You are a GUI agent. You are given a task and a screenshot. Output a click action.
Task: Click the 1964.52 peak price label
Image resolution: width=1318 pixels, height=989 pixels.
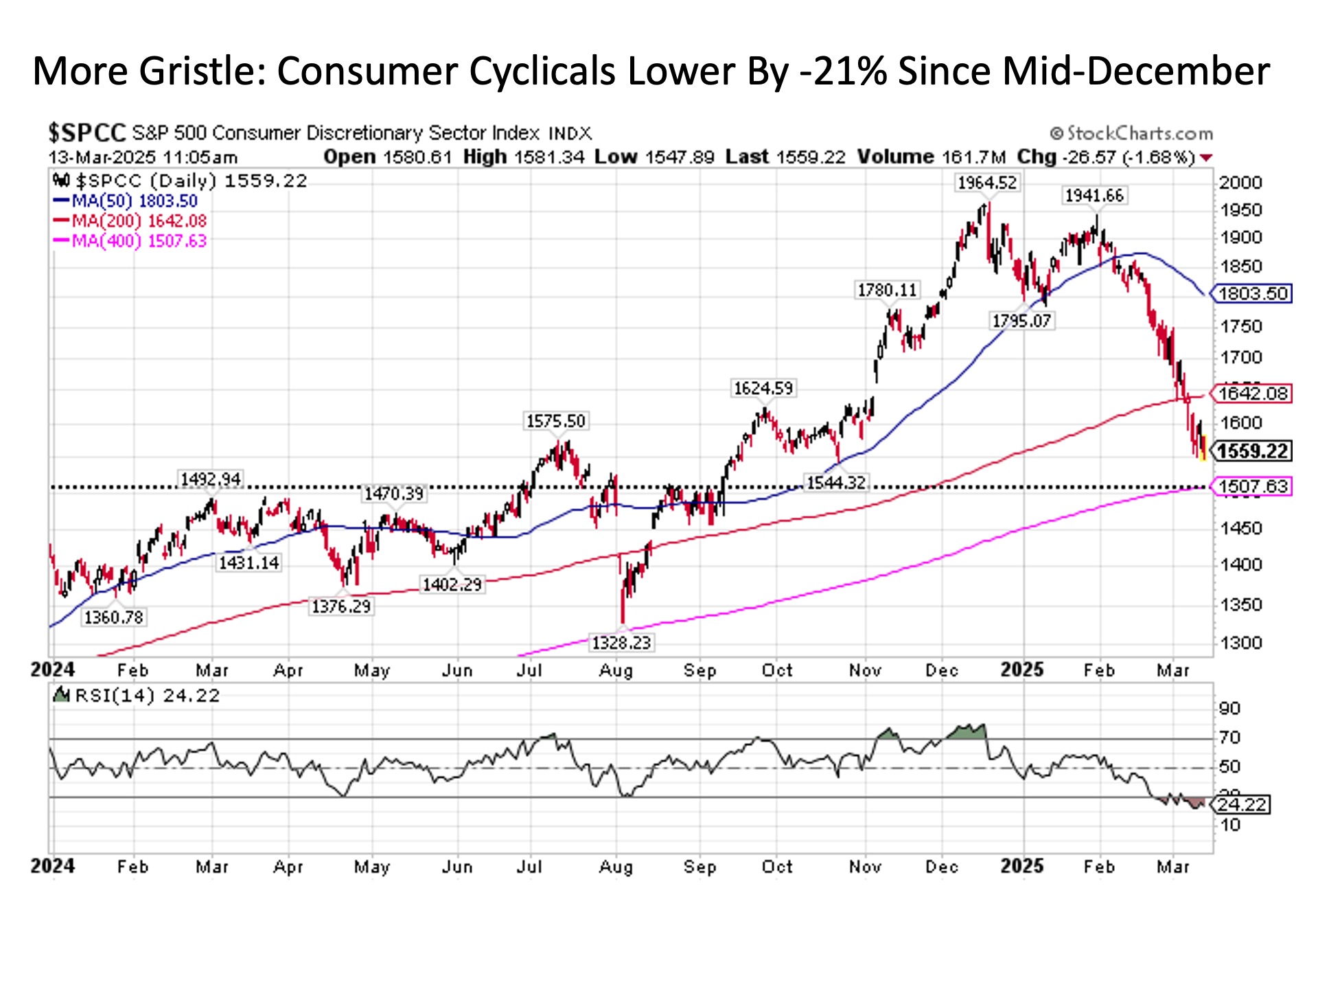click(987, 183)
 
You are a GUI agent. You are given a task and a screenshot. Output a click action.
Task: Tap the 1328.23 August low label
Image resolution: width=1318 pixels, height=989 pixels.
click(621, 643)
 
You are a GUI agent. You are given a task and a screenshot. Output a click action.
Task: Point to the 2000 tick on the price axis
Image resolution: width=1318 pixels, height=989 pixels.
click(1240, 183)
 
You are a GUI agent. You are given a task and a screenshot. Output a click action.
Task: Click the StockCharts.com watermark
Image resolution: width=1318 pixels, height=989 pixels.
click(1132, 133)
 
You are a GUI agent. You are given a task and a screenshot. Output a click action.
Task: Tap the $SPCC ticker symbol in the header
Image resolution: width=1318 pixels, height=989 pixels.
click(87, 133)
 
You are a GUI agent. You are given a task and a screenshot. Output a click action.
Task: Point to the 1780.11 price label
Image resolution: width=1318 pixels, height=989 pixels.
click(887, 291)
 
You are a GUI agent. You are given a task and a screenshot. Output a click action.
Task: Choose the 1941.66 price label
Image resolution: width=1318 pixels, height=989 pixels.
click(1094, 196)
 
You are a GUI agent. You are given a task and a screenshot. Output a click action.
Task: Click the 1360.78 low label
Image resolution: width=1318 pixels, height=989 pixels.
click(113, 617)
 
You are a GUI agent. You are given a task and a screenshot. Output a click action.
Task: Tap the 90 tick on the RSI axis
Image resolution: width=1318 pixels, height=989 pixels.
click(1229, 708)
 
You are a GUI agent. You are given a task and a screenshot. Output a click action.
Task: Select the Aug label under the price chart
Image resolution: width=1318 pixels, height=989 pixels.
click(616, 671)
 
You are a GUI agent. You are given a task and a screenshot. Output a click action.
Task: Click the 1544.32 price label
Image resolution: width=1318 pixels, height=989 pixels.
click(836, 483)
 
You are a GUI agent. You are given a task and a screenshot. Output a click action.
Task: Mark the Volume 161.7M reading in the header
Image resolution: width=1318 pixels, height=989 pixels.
click(931, 157)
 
